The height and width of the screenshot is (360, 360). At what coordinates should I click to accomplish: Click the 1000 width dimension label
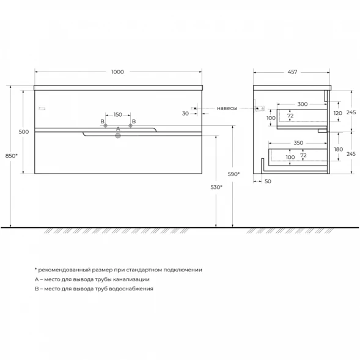117,72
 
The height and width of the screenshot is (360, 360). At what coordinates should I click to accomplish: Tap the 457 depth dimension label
292,72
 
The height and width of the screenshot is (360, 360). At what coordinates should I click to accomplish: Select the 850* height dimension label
12,156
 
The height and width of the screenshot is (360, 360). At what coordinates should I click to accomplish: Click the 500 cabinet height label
24,132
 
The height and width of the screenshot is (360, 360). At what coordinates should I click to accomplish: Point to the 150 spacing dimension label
118,114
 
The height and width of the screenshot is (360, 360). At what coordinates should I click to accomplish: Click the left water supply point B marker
105,125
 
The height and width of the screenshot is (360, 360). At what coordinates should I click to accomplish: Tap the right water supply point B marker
130,125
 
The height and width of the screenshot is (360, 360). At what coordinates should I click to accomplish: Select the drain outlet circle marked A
118,136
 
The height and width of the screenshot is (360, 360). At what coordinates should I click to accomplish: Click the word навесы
227,108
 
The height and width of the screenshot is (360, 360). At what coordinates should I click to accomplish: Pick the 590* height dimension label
233,174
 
